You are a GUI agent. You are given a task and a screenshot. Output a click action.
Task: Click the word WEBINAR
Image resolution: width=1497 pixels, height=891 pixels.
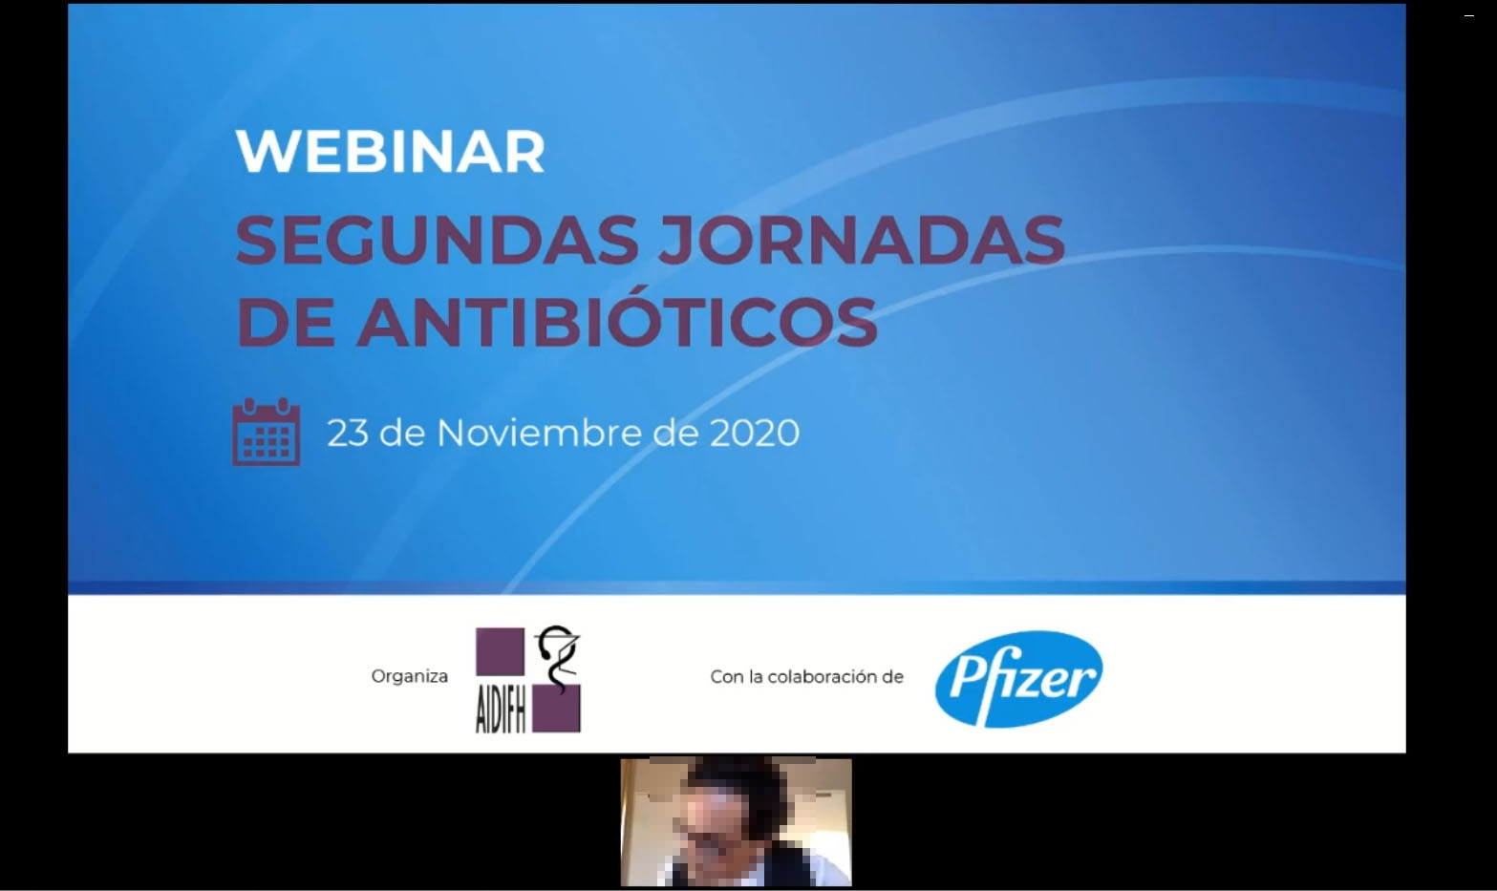tap(391, 152)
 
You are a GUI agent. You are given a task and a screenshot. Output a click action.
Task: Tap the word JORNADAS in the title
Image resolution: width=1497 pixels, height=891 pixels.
tap(862, 240)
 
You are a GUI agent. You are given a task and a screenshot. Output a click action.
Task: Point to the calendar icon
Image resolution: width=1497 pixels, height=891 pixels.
tap(266, 432)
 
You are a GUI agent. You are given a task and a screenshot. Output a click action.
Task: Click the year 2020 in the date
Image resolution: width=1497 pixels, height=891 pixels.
tap(755, 433)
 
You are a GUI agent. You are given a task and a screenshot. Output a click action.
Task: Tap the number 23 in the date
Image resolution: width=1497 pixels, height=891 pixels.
tap(348, 433)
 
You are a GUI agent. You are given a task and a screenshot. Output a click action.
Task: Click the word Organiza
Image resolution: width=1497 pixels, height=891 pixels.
tap(410, 676)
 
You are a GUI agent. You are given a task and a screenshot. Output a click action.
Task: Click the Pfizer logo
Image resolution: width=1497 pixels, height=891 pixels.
tap(1018, 679)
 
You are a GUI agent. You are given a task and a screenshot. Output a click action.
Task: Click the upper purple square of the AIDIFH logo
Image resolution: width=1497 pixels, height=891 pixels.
tap(500, 652)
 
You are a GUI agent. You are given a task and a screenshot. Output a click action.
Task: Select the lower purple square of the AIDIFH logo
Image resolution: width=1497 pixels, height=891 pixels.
tap(556, 709)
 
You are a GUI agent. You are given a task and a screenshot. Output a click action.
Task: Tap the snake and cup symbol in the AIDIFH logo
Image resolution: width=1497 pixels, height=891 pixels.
tap(557, 657)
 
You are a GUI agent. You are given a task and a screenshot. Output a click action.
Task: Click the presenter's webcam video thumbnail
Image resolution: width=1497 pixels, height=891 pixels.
tap(736, 822)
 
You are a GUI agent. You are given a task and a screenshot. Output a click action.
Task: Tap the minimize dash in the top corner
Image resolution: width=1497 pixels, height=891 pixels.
tap(1469, 15)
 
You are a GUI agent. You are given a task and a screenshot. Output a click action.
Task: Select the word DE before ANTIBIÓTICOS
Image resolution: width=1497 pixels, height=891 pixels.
tap(286, 324)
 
